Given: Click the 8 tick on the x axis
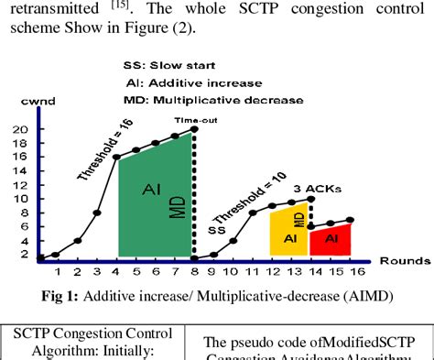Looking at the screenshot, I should click(194, 271).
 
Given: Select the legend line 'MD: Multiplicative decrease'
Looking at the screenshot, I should click(209, 99).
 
